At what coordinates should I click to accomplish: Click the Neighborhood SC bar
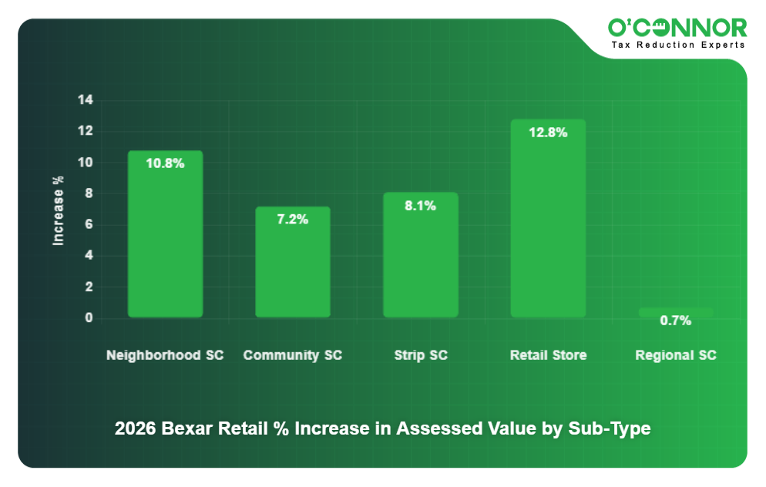pyautogui.click(x=165, y=233)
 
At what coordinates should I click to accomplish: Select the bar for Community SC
pyautogui.click(x=293, y=262)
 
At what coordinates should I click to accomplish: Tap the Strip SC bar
pyautogui.click(x=421, y=254)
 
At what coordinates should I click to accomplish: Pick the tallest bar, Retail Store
pyautogui.click(x=548, y=218)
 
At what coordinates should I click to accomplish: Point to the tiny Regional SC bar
pyautogui.click(x=676, y=312)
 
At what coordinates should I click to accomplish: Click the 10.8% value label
pyautogui.click(x=165, y=163)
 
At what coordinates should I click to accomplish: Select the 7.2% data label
pyautogui.click(x=293, y=220)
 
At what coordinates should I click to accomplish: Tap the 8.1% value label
pyautogui.click(x=421, y=206)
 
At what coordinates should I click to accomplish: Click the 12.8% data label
pyautogui.click(x=548, y=133)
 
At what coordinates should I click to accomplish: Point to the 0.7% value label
pyautogui.click(x=676, y=321)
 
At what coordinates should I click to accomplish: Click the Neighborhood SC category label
pyautogui.click(x=165, y=355)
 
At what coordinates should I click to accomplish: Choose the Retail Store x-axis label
pyautogui.click(x=548, y=355)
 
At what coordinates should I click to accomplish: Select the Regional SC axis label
pyautogui.click(x=676, y=355)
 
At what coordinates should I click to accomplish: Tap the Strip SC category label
pyautogui.click(x=421, y=355)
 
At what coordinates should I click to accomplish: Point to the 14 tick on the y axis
pyautogui.click(x=85, y=100)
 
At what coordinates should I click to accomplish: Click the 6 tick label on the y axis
pyautogui.click(x=88, y=225)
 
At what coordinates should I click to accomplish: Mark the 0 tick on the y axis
pyautogui.click(x=89, y=318)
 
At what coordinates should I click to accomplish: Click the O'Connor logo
pyautogui.click(x=677, y=29)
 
